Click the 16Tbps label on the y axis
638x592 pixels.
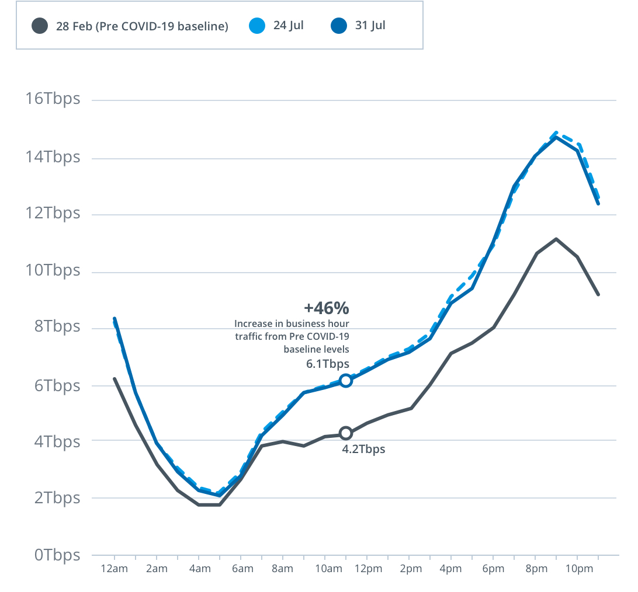click(53, 99)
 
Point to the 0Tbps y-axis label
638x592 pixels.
click(56, 555)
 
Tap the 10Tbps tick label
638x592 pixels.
click(53, 270)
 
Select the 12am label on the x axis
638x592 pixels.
click(115, 569)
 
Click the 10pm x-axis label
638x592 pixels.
click(577, 569)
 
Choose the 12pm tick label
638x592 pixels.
click(366, 569)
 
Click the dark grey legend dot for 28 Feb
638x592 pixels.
click(40, 26)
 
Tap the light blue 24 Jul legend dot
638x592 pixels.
click(257, 26)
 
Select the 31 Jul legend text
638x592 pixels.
click(370, 26)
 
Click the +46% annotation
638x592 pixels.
click(326, 308)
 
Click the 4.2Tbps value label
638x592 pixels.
click(363, 449)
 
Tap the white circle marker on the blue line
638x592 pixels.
click(345, 381)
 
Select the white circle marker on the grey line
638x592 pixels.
click(345, 433)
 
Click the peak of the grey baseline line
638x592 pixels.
click(556, 239)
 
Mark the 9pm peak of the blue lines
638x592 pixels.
click(556, 135)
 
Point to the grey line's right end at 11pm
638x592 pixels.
click(598, 295)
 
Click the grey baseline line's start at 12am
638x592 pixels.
click(115, 378)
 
